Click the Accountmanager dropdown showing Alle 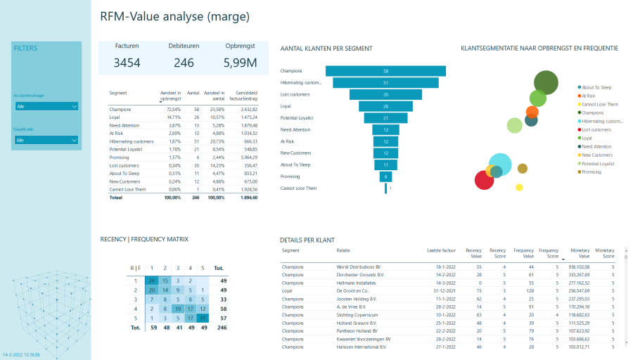[x=46, y=106]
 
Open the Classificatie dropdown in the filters [x=46, y=140]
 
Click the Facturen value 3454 [x=127, y=63]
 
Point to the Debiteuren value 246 [x=184, y=63]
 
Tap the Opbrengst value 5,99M [x=240, y=63]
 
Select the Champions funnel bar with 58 [x=385, y=71]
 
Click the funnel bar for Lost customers [x=385, y=94]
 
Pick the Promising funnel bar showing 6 [x=385, y=176]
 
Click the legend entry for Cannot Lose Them [x=600, y=104]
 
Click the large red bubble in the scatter [x=484, y=181]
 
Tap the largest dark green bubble [x=546, y=82]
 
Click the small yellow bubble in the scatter [x=519, y=187]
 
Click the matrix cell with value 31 [x=203, y=318]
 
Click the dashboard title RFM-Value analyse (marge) [x=174, y=16]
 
